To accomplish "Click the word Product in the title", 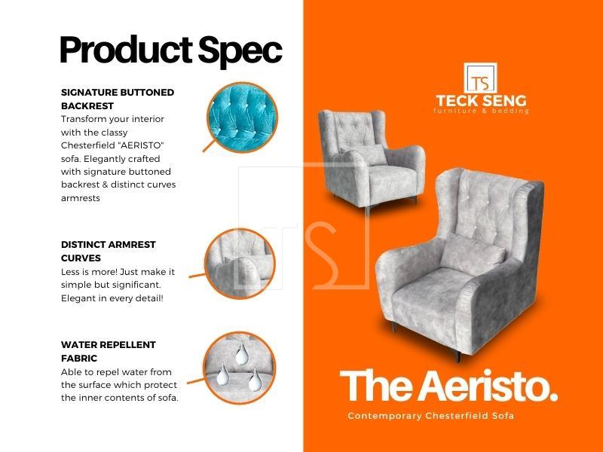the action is point(126,50).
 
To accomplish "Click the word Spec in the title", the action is point(240,51).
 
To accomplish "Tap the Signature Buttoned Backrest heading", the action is point(118,99).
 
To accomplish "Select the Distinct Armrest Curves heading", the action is point(109,252).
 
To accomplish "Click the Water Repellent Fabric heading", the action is point(109,351).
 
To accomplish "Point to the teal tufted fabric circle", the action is point(242,118).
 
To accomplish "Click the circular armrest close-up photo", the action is point(240,264).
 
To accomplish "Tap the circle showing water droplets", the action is point(240,368).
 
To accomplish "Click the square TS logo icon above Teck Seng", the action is point(480,78).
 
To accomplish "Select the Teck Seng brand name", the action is point(481,101).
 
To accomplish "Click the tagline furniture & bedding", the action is point(481,111).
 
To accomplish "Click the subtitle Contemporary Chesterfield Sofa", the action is point(430,416).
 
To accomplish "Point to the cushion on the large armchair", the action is point(472,254).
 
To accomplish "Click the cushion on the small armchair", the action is point(367,155).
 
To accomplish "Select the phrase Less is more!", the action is point(89,272).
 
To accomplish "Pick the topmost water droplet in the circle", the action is point(242,353).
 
